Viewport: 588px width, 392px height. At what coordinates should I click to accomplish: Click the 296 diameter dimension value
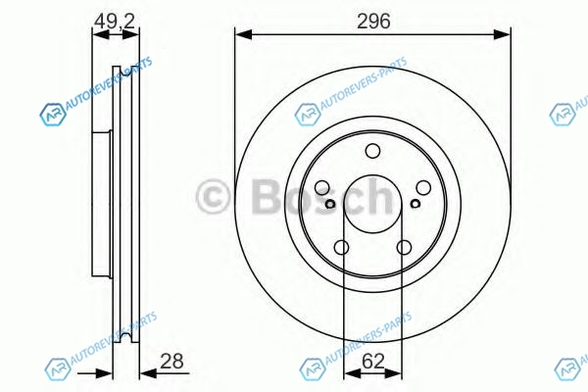[x=373, y=21]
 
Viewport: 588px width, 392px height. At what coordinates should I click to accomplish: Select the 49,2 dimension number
[x=115, y=21]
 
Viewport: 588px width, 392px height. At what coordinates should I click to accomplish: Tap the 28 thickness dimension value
[x=171, y=361]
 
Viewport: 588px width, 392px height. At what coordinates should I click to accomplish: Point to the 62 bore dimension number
[x=373, y=361]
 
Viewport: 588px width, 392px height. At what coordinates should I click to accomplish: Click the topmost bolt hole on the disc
[x=372, y=151]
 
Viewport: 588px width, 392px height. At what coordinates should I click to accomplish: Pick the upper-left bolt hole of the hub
[x=321, y=187]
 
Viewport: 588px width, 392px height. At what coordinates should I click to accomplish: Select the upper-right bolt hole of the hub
[x=423, y=187]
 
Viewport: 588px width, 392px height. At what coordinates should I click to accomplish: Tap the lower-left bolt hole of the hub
[x=341, y=248]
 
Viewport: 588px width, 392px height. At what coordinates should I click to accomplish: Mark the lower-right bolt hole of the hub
[x=404, y=248]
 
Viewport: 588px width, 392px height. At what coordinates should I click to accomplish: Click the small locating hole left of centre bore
[x=330, y=204]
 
